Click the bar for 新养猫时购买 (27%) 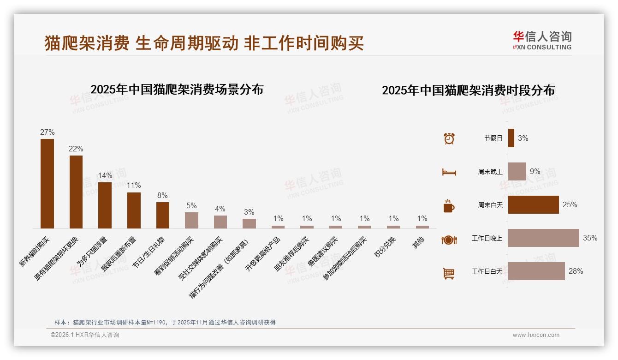(47, 183)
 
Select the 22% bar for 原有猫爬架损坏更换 (76, 192)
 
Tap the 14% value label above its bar (105, 176)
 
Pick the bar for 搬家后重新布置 (134, 210)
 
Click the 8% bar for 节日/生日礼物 (162, 215)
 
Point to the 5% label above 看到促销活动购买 (191, 206)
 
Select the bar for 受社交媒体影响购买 (220, 222)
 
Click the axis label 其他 (418, 243)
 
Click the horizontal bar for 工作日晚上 (543, 238)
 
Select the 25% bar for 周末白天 (533, 205)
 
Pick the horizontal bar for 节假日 (511, 138)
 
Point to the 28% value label (576, 271)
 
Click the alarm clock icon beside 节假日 (449, 138)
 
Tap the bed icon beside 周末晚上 (449, 172)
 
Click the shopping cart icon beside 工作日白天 (449, 273)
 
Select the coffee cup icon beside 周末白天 (449, 206)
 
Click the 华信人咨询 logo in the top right (542, 40)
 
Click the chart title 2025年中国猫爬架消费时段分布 (468, 90)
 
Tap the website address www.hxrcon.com (536, 335)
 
